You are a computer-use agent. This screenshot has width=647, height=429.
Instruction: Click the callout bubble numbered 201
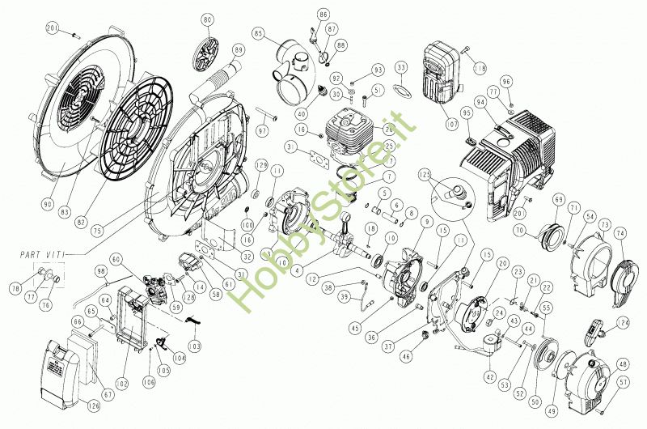pyautogui.click(x=53, y=30)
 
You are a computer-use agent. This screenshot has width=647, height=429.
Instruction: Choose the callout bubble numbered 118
pyautogui.click(x=480, y=46)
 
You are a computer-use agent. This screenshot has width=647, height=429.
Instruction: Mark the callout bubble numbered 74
pyautogui.click(x=620, y=232)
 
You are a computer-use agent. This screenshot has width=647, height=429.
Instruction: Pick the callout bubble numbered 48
pyautogui.click(x=623, y=363)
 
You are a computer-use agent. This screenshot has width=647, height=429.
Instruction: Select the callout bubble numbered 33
pyautogui.click(x=401, y=66)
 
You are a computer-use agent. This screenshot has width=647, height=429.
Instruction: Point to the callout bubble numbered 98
pyautogui.click(x=102, y=270)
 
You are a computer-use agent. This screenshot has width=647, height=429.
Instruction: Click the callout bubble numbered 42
pyautogui.click(x=489, y=376)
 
